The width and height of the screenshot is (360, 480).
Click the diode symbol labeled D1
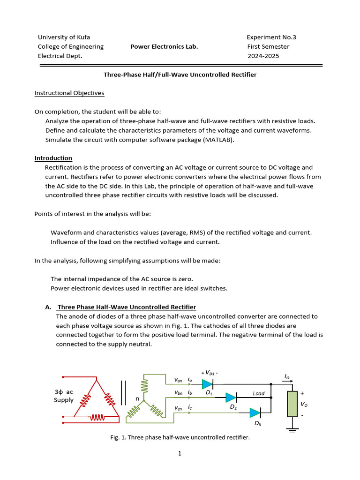(x=207, y=383)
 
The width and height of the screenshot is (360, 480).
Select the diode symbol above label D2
(x=231, y=397)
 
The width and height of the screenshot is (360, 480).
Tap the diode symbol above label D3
(x=255, y=412)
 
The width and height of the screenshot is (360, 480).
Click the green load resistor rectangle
(x=292, y=404)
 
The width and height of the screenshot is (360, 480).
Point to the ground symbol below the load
(x=292, y=427)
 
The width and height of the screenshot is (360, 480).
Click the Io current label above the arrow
(x=286, y=376)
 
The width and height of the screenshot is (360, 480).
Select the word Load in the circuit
(x=259, y=393)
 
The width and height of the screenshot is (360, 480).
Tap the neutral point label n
(x=137, y=398)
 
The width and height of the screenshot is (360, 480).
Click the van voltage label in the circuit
(x=178, y=380)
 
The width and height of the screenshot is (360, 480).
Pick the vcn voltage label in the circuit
(x=178, y=408)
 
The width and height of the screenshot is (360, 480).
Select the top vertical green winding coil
(x=144, y=386)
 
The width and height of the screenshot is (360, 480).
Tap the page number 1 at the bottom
(x=180, y=453)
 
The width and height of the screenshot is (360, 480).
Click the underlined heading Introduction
(x=53, y=158)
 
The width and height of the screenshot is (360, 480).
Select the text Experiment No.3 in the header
(x=271, y=37)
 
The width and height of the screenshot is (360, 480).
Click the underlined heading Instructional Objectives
(x=69, y=93)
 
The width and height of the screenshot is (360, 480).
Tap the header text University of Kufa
(x=64, y=37)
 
